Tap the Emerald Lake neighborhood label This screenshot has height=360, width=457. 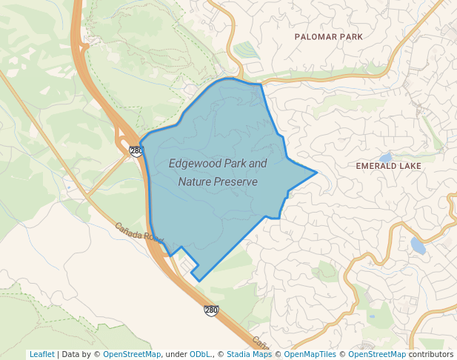(x=388, y=166)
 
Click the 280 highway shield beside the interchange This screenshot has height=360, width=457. (x=136, y=151)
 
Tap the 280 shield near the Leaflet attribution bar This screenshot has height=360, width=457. (x=211, y=310)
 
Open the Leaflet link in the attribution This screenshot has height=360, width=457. (x=41, y=354)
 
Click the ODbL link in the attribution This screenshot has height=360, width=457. (x=201, y=354)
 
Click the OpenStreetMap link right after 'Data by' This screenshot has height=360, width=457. (x=132, y=354)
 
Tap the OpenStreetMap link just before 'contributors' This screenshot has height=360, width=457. (x=377, y=354)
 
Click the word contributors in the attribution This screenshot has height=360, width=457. (x=431, y=354)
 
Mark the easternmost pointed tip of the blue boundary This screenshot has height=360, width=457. (x=317, y=173)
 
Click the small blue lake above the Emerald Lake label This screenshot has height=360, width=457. (x=384, y=158)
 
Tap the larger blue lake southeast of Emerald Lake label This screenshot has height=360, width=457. (x=418, y=246)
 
